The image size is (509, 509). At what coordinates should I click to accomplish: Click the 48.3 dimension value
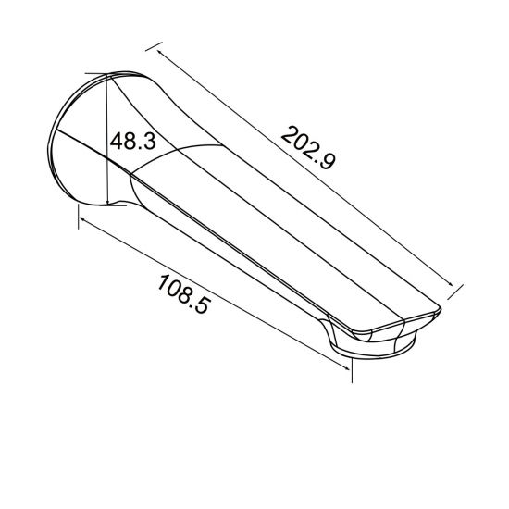[x=131, y=142]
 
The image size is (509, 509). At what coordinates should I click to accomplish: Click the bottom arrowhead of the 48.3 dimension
[x=109, y=201]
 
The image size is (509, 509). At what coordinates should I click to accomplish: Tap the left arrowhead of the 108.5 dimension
[x=81, y=218]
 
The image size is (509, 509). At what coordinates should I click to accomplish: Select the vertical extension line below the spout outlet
[x=353, y=367]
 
